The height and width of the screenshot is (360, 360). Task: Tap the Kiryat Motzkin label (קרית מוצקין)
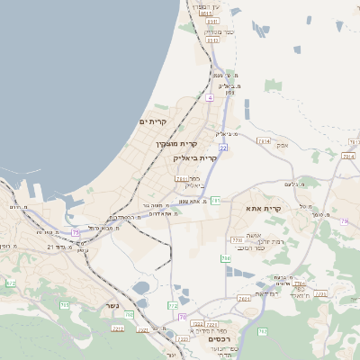click(x=175, y=144)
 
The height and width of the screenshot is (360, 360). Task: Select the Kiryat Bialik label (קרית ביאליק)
click(x=195, y=157)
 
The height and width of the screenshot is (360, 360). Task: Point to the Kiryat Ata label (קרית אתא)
click(x=264, y=209)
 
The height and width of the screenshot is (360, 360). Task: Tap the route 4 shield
click(x=210, y=97)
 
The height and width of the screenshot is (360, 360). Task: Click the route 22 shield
click(x=223, y=147)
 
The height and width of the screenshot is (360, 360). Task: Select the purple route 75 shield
click(x=76, y=232)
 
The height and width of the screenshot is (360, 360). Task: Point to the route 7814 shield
click(x=263, y=141)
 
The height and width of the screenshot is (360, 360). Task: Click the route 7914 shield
click(x=348, y=156)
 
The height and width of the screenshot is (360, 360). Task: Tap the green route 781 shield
click(x=216, y=200)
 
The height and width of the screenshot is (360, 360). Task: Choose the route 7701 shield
click(x=237, y=240)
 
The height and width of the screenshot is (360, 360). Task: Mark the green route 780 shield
click(x=226, y=259)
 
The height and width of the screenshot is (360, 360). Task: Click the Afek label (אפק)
click(x=283, y=145)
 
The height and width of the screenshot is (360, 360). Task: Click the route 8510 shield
click(x=207, y=14)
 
